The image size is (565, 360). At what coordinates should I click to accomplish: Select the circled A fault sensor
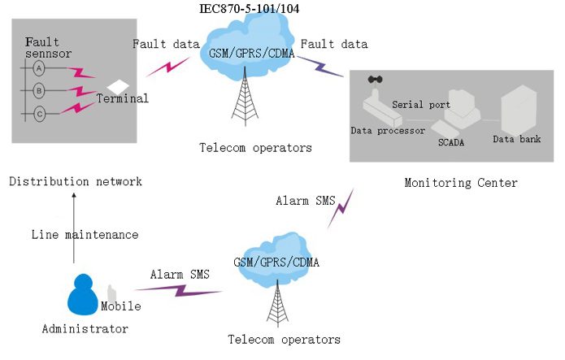click(x=38, y=70)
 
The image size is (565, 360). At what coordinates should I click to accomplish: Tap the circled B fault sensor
click(x=38, y=91)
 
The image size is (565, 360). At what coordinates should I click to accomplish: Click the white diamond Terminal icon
click(x=119, y=85)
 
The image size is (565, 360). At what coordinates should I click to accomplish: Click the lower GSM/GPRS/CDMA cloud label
click(x=276, y=262)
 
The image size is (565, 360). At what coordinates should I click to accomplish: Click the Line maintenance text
click(x=85, y=235)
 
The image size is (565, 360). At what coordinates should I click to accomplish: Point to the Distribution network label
click(x=76, y=180)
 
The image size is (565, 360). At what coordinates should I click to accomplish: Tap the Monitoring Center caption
click(x=460, y=183)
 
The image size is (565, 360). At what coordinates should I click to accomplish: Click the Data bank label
click(x=516, y=139)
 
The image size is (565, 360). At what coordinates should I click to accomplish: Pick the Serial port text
click(x=420, y=104)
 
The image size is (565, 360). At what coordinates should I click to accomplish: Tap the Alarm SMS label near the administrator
click(x=180, y=275)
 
